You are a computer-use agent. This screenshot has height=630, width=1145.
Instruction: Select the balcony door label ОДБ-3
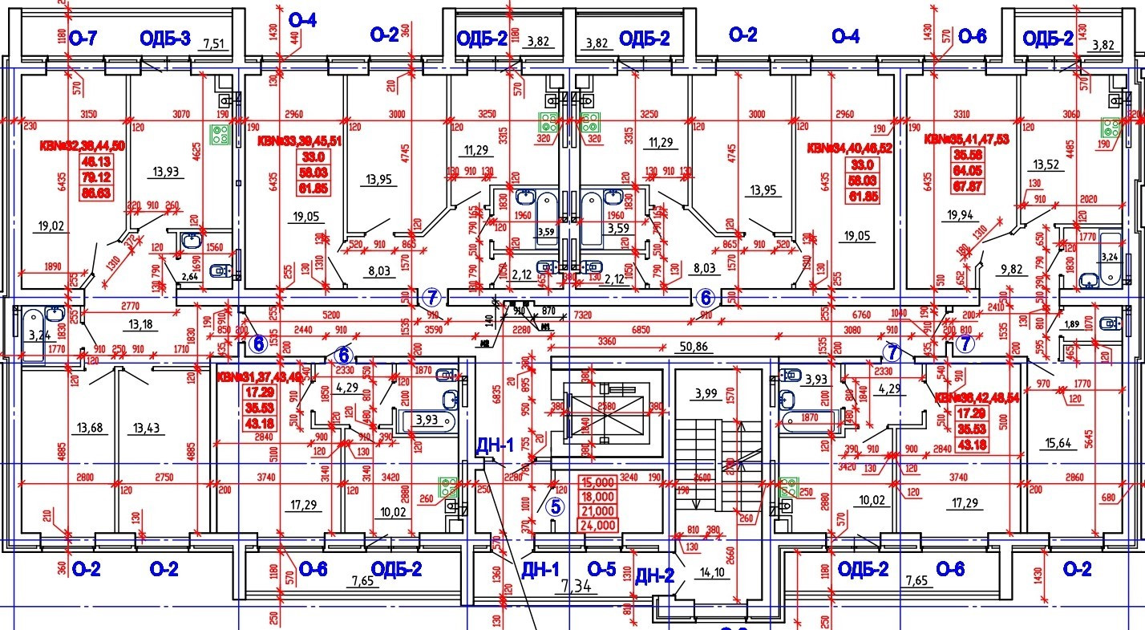coord(164,38)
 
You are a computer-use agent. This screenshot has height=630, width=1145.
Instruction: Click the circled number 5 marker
coord(556,506)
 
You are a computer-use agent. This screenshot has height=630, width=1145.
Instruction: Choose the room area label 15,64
coord(1064,441)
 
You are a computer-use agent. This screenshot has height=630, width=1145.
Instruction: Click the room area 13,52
coord(1050,165)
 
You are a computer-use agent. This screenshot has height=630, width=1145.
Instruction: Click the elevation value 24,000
coord(598,526)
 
